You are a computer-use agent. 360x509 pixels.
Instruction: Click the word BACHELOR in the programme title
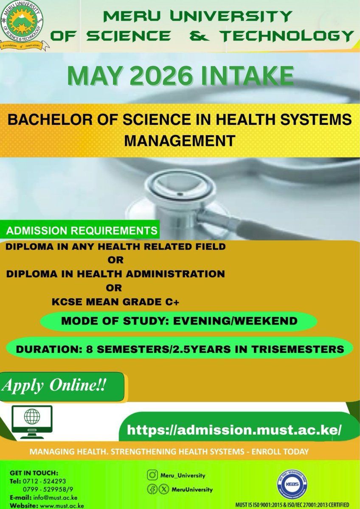[45, 120]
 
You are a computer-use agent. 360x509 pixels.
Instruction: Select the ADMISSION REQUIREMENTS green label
[80, 232]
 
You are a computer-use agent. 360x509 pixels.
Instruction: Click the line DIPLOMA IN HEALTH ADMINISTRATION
[115, 274]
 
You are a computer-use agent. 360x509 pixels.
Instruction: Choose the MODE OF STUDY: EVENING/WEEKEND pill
[179, 322]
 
